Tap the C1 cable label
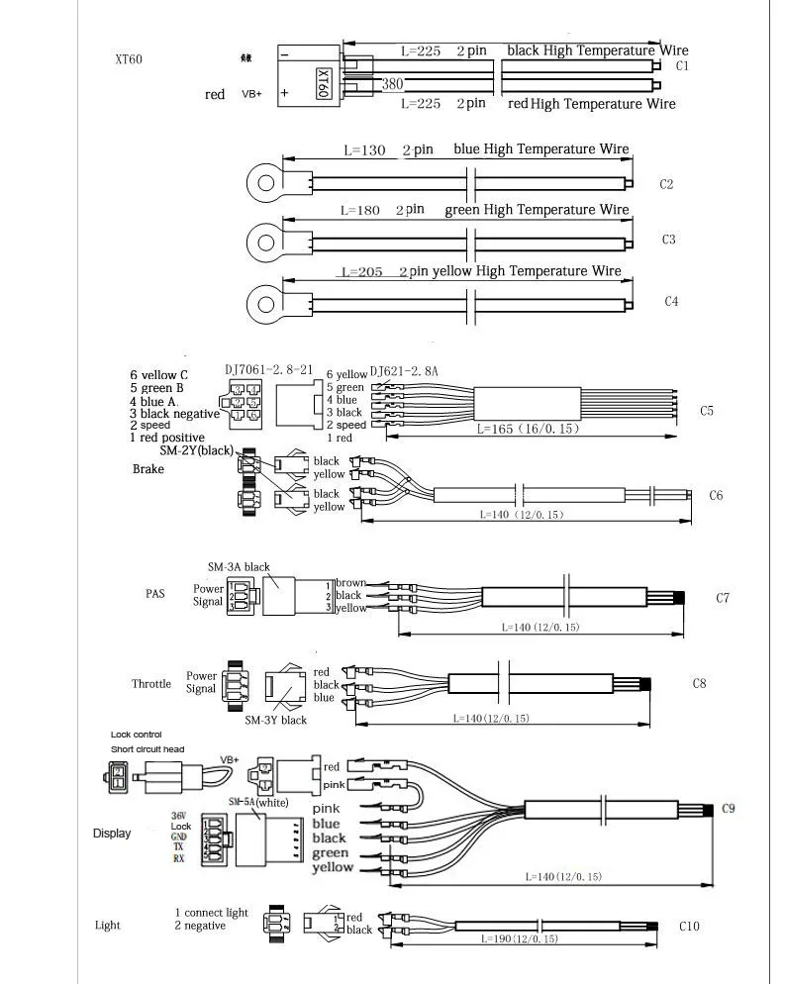(x=681, y=66)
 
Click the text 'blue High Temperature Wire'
(x=540, y=149)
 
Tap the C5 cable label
(x=706, y=410)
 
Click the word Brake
(x=147, y=468)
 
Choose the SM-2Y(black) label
(x=196, y=451)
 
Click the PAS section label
(x=154, y=595)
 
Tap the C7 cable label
(x=723, y=598)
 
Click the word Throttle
(x=151, y=684)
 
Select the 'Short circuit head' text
(x=147, y=749)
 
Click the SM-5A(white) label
(x=257, y=802)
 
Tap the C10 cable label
(x=690, y=927)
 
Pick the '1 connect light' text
(x=212, y=912)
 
